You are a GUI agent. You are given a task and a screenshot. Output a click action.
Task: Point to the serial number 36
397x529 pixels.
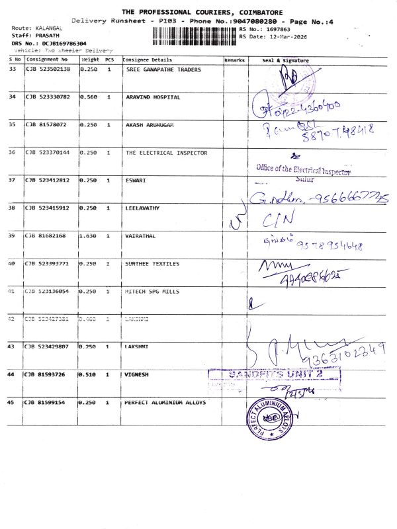(x=12, y=153)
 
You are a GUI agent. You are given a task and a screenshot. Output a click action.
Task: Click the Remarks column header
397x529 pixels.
(x=234, y=60)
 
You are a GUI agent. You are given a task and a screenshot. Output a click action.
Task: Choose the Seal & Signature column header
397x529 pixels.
(x=285, y=60)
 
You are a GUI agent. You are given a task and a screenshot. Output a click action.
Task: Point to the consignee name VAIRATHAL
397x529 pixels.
(x=141, y=235)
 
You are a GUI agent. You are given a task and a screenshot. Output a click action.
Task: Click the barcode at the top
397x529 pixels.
(x=195, y=34)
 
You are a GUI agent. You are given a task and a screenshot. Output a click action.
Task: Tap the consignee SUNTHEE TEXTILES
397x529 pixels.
(x=152, y=264)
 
